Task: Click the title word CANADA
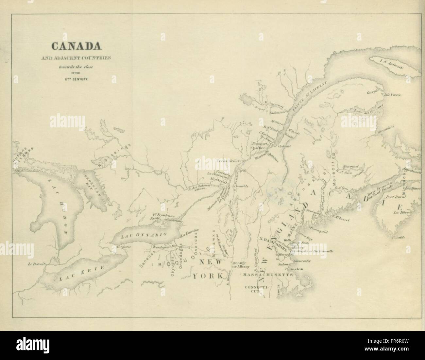(x=74, y=46)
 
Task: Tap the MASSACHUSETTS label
(x=267, y=275)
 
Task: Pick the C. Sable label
(x=399, y=237)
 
